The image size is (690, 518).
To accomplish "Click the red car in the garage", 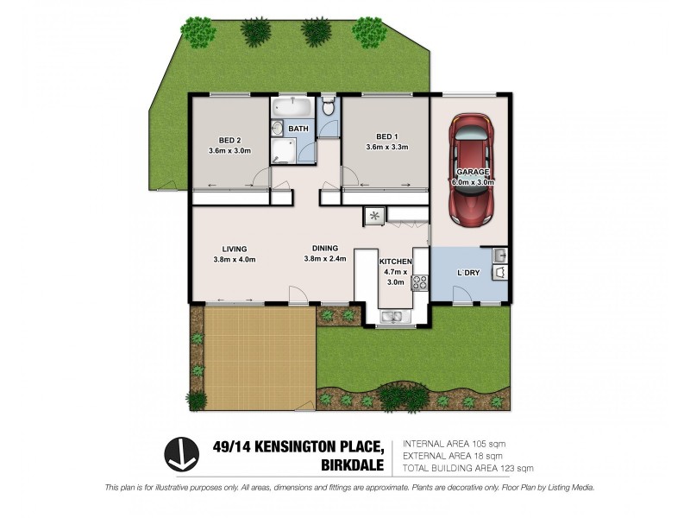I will click(x=470, y=170).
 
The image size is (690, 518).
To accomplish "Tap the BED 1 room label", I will click(x=386, y=136).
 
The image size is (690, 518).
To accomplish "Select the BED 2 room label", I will click(x=229, y=140).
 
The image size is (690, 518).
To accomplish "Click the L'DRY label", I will click(x=468, y=273).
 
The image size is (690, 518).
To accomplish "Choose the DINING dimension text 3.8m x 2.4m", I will click(x=325, y=258).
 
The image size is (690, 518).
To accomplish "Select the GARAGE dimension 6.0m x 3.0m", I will click(x=474, y=183).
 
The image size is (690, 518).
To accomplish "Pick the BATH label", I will click(x=298, y=129).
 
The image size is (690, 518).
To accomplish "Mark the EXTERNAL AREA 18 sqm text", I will click(x=452, y=456).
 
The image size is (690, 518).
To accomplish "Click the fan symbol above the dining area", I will click(x=375, y=216).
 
